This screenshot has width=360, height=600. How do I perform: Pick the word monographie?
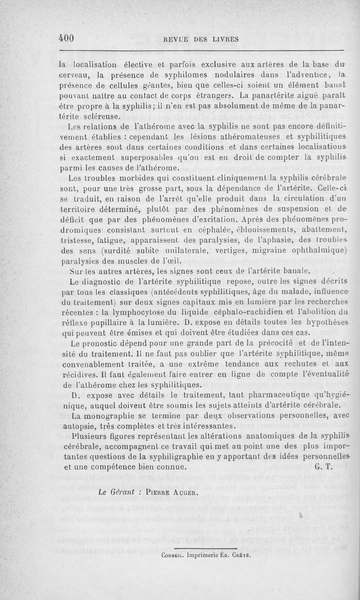[x=112, y=415]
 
